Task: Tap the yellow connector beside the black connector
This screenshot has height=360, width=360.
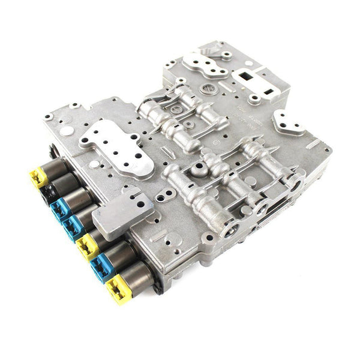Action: [38, 178]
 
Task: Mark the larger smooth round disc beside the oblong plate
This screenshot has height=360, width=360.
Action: [68, 130]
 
